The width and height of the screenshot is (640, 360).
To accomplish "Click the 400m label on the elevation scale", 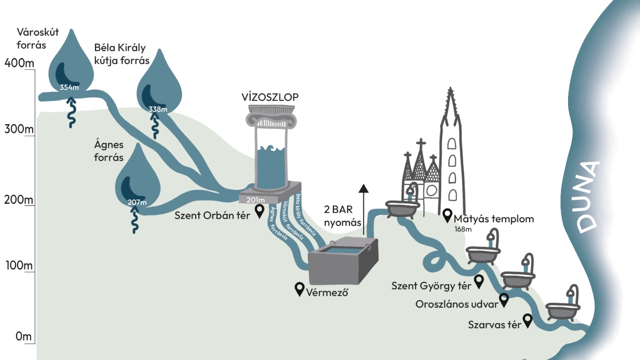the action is [19, 63].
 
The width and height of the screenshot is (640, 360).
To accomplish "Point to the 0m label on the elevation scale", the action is [23, 337].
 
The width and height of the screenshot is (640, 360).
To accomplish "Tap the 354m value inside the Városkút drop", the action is [69, 87].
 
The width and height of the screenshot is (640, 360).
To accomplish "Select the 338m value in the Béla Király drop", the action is [158, 109].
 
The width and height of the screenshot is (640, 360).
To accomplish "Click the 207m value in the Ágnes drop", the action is [137, 202].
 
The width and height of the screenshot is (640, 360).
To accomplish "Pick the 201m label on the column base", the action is [255, 200].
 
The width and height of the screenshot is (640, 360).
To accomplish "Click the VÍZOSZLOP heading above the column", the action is [270, 97].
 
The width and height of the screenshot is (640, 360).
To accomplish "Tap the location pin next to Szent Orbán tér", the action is [259, 211].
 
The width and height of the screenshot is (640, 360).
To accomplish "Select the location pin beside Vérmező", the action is [299, 289].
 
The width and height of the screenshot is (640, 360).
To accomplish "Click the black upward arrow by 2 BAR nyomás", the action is [363, 210].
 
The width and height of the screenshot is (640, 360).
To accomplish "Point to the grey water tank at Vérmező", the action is [343, 260].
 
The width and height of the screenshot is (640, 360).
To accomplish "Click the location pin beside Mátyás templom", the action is [447, 215].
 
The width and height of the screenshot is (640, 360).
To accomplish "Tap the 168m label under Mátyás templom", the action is [463, 229].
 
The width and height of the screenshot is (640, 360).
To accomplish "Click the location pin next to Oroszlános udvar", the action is [503, 300].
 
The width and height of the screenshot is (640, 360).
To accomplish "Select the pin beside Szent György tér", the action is [479, 282].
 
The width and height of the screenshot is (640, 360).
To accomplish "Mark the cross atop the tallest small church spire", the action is [421, 142].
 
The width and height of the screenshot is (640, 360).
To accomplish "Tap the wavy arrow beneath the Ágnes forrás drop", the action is [134, 219].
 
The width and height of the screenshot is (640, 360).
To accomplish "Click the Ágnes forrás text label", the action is [109, 151].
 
